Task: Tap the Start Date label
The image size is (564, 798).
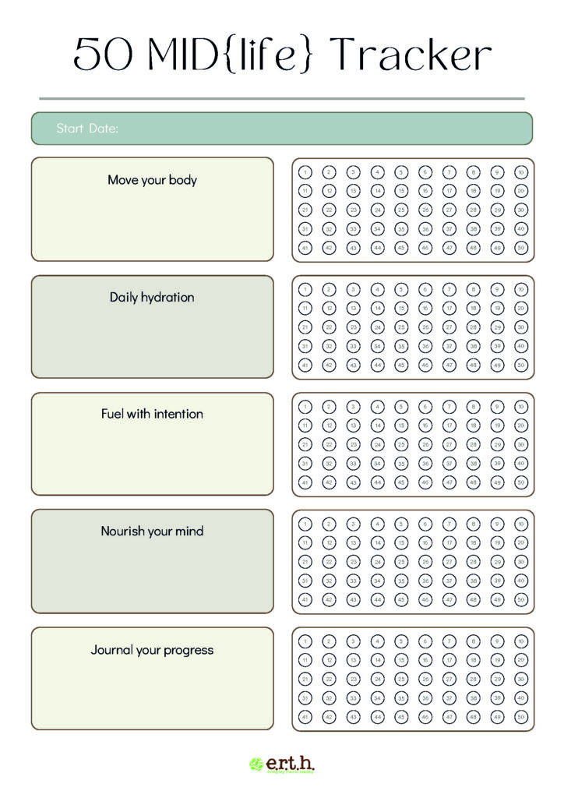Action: pyautogui.click(x=87, y=129)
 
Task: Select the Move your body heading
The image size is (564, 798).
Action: pyautogui.click(x=152, y=180)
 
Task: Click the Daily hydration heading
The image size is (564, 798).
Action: pyautogui.click(x=152, y=297)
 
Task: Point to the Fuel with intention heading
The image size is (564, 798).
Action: pyautogui.click(x=152, y=414)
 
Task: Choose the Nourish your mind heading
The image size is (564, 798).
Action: pyautogui.click(x=152, y=531)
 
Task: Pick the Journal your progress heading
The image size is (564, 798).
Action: pyautogui.click(x=152, y=650)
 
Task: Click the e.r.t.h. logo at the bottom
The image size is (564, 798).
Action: pyautogui.click(x=282, y=764)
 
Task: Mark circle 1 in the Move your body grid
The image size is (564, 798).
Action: pyautogui.click(x=305, y=172)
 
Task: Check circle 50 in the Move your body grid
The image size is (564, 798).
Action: pyautogui.click(x=521, y=248)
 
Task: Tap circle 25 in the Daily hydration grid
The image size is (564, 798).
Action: pyautogui.click(x=401, y=327)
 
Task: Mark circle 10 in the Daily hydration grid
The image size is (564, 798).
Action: pyautogui.click(x=521, y=289)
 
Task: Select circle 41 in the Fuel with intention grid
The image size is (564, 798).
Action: pyautogui.click(x=305, y=482)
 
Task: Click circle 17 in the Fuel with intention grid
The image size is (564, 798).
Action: pyautogui.click(x=449, y=425)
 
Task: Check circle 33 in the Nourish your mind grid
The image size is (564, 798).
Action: pyautogui.click(x=353, y=581)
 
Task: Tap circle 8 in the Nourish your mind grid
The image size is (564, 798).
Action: pyautogui.click(x=474, y=524)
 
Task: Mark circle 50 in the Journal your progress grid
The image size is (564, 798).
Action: pyautogui.click(x=521, y=717)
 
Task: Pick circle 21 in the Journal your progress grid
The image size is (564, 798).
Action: pyautogui.click(x=305, y=679)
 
